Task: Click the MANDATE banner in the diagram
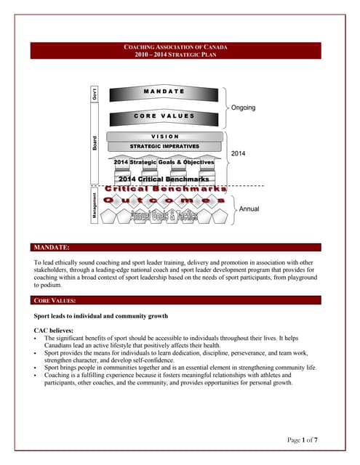pos(164,92)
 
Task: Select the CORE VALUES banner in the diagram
pos(164,116)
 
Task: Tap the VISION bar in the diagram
pos(164,137)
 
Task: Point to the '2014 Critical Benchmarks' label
pos(164,179)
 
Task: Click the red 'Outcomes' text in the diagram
pos(164,199)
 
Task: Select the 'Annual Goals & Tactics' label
pos(164,217)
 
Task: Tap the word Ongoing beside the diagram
pos(243,108)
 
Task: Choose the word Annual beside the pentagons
pos(249,209)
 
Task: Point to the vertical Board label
pos(95,145)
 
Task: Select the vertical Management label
pos(95,204)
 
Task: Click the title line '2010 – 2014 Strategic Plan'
pos(177,54)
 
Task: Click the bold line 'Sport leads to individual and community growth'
pos(101,316)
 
